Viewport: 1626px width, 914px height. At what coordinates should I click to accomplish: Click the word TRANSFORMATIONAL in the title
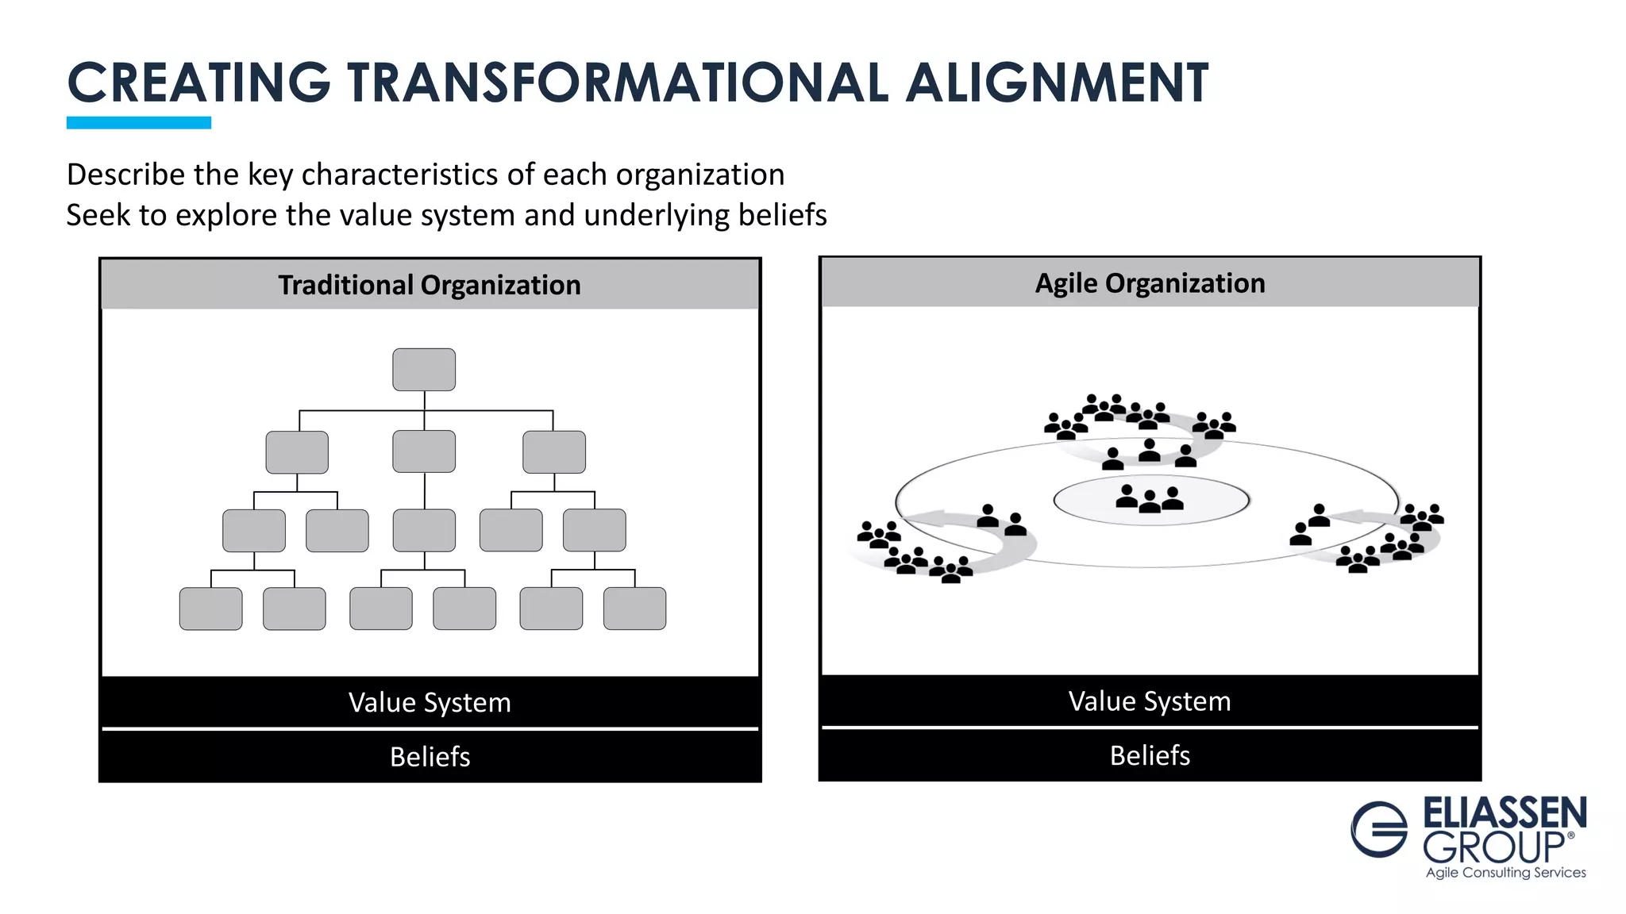coord(617,83)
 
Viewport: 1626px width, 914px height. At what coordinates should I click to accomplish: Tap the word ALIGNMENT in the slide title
coord(1057,83)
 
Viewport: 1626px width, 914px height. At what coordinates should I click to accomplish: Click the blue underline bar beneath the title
coord(139,122)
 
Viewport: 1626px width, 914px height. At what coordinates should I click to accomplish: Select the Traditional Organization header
coord(430,285)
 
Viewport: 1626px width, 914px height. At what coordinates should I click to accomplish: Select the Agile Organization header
coord(1150,283)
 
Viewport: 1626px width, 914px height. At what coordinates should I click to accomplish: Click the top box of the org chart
coord(424,370)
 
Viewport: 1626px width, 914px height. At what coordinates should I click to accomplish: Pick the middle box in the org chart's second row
coord(424,451)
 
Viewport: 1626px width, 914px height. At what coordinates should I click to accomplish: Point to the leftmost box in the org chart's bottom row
coord(210,609)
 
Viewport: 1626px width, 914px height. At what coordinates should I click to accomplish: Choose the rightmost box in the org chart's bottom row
coord(634,609)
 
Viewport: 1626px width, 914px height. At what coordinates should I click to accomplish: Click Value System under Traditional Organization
coord(430,702)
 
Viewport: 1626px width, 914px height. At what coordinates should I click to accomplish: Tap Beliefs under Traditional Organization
coord(430,756)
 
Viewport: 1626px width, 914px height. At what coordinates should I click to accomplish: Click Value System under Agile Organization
coord(1150,701)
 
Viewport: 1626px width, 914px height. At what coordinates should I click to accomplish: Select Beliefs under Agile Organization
coord(1150,755)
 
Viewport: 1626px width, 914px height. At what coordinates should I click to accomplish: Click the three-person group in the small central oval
coord(1150,499)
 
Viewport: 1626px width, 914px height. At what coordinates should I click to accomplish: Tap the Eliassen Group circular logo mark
coord(1379,829)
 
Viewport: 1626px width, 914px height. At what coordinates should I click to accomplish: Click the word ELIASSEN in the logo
coord(1505,813)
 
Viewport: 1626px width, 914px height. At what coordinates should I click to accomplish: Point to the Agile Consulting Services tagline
coord(1505,872)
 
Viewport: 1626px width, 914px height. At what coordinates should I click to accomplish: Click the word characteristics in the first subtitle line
coord(400,175)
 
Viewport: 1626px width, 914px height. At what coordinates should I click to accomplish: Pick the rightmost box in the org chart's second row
coord(554,451)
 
